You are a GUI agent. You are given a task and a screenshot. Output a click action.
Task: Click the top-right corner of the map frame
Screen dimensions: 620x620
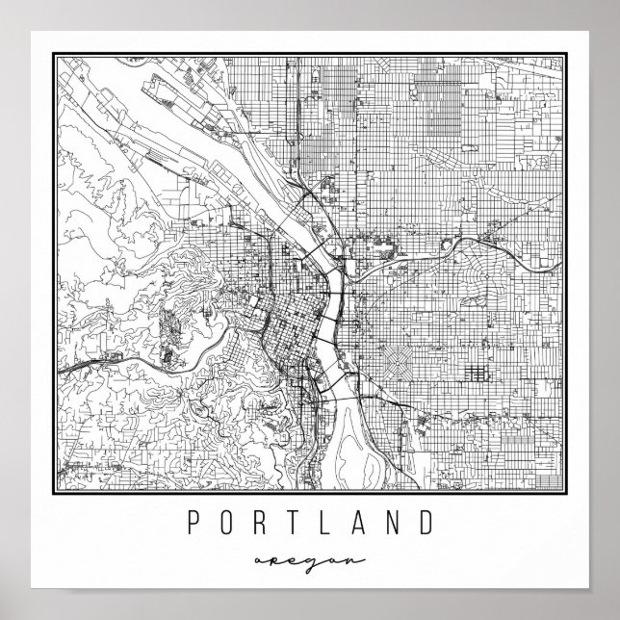[564, 55]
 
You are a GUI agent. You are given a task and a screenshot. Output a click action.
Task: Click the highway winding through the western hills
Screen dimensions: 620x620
[144, 356]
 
